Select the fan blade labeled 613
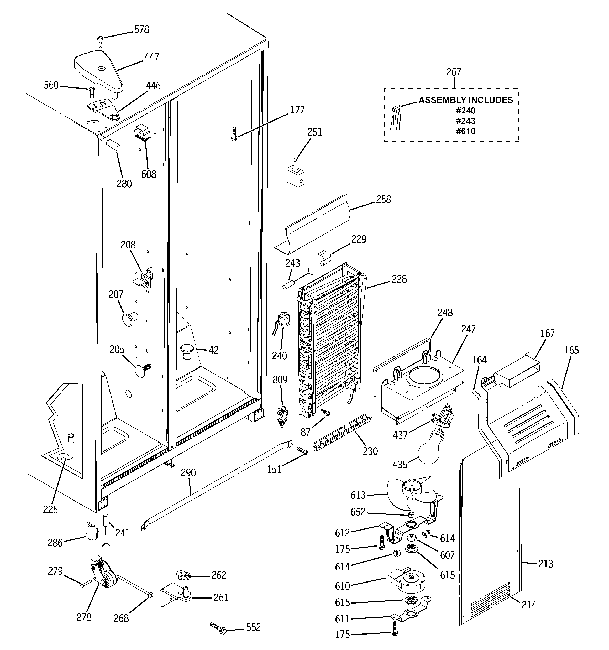pyautogui.click(x=402, y=494)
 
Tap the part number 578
pyautogui.click(x=141, y=30)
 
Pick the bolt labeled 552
pyautogui.click(x=219, y=628)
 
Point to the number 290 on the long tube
pyautogui.click(x=188, y=473)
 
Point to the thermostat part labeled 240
pyautogui.click(x=282, y=319)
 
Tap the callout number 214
pyautogui.click(x=529, y=605)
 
